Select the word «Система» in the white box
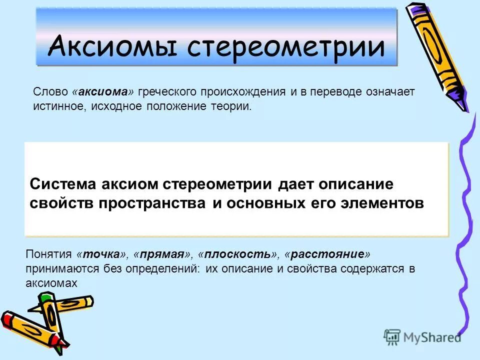(63, 183)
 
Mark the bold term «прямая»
(162, 254)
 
